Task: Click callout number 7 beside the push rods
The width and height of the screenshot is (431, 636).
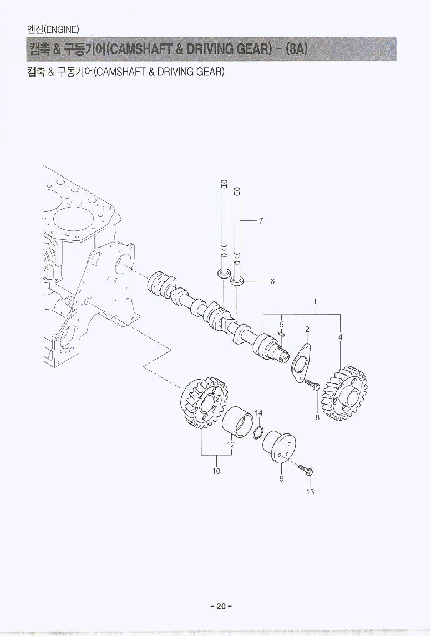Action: coord(261,221)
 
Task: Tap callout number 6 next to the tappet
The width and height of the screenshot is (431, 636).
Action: coord(272,281)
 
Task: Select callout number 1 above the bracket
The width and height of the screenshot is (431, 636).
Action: coord(315,302)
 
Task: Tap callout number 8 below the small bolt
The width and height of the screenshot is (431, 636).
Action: coord(317,417)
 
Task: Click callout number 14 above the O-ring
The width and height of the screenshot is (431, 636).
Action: coord(258,413)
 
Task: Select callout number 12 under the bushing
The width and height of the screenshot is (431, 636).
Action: coord(231,445)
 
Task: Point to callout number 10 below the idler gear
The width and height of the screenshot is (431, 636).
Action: coord(216,471)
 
